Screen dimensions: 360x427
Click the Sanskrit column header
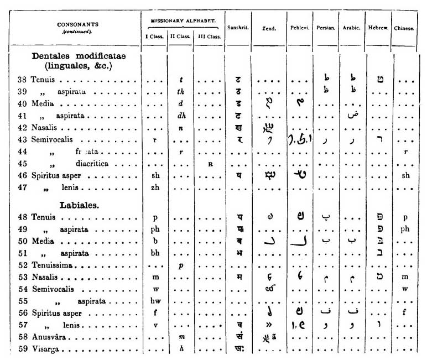238,28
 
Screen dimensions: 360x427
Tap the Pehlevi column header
299,28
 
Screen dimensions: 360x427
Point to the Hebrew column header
378,28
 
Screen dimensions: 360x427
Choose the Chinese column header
404,28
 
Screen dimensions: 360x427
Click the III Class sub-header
209,37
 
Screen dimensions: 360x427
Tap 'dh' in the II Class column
180,117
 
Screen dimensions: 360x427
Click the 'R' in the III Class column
210,164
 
